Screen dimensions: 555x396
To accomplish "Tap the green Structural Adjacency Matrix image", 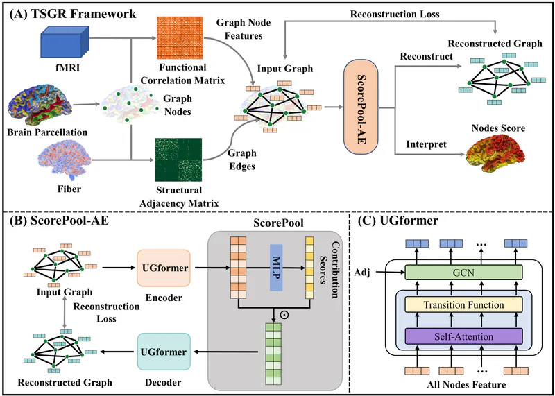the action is pos(178,160).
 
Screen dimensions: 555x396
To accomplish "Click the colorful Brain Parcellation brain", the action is pos(40,105).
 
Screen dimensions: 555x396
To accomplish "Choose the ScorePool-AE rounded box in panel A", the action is pos(361,107).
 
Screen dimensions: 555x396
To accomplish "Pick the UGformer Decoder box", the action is pos(164,352).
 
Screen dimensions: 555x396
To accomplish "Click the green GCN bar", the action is pos(463,272).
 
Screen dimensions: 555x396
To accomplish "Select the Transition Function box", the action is pos(463,304).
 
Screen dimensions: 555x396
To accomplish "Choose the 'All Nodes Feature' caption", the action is pos(466,384).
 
